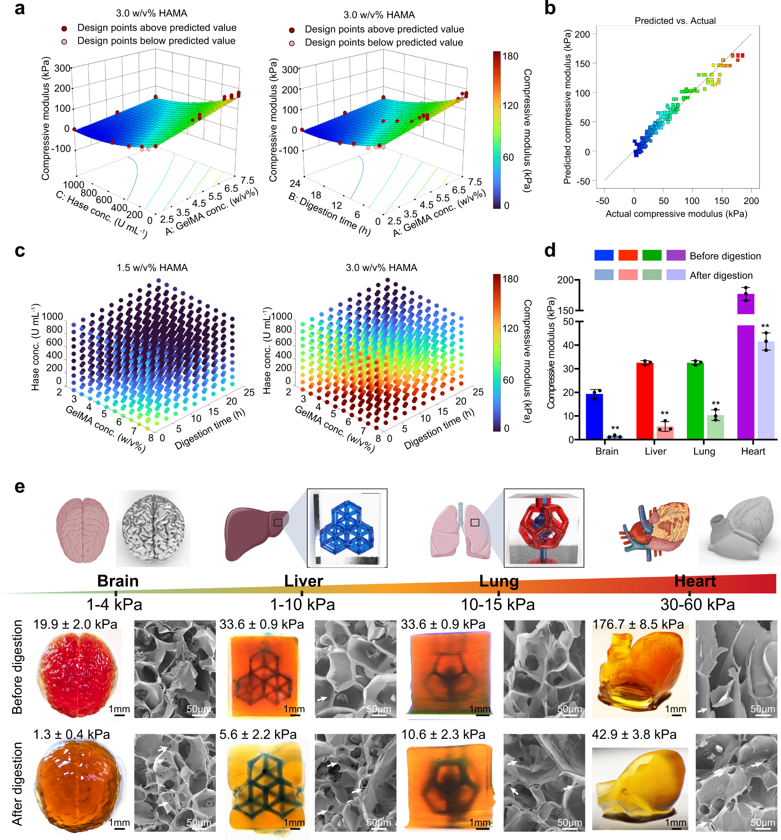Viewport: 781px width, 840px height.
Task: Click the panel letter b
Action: click(549, 9)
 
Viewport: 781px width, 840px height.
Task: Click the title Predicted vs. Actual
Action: click(675, 21)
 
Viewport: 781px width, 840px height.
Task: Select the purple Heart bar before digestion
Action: click(745, 304)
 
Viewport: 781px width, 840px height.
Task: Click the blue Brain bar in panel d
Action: click(594, 416)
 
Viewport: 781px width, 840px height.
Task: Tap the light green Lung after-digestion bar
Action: click(716, 427)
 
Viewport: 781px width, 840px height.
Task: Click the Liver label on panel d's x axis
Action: click(655, 451)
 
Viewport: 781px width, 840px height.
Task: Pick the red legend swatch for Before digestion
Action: click(628, 255)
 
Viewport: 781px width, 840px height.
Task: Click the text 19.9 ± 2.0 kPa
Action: click(75, 624)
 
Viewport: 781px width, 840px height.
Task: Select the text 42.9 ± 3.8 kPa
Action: click(634, 734)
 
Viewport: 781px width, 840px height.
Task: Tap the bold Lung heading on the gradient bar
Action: click(499, 581)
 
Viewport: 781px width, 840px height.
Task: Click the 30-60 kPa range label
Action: click(697, 604)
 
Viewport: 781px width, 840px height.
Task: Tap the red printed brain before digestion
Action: click(78, 671)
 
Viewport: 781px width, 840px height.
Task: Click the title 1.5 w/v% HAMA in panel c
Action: click(152, 268)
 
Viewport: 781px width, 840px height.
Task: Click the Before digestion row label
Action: click(17, 667)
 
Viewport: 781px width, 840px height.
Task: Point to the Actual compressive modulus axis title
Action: click(676, 214)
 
